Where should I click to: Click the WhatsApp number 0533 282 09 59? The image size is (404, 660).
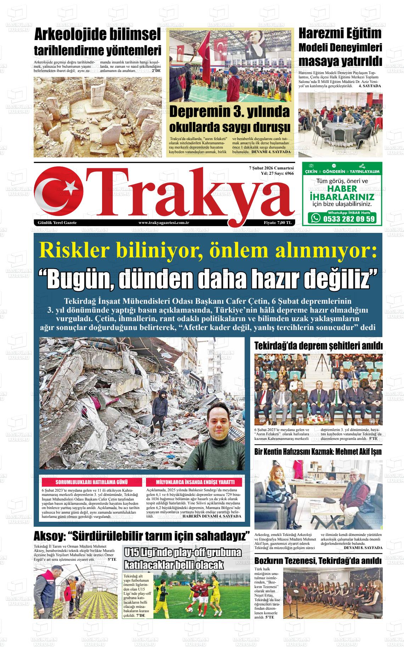click(349, 218)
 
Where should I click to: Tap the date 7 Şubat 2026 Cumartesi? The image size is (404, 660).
click(271, 168)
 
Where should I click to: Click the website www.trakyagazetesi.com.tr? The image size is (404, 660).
click(163, 223)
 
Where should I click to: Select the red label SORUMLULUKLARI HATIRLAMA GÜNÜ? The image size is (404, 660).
click(92, 482)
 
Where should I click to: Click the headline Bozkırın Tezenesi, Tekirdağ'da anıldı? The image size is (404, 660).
click(318, 561)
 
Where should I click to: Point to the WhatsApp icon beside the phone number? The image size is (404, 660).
click(315, 218)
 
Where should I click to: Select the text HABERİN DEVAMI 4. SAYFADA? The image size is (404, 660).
click(212, 516)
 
